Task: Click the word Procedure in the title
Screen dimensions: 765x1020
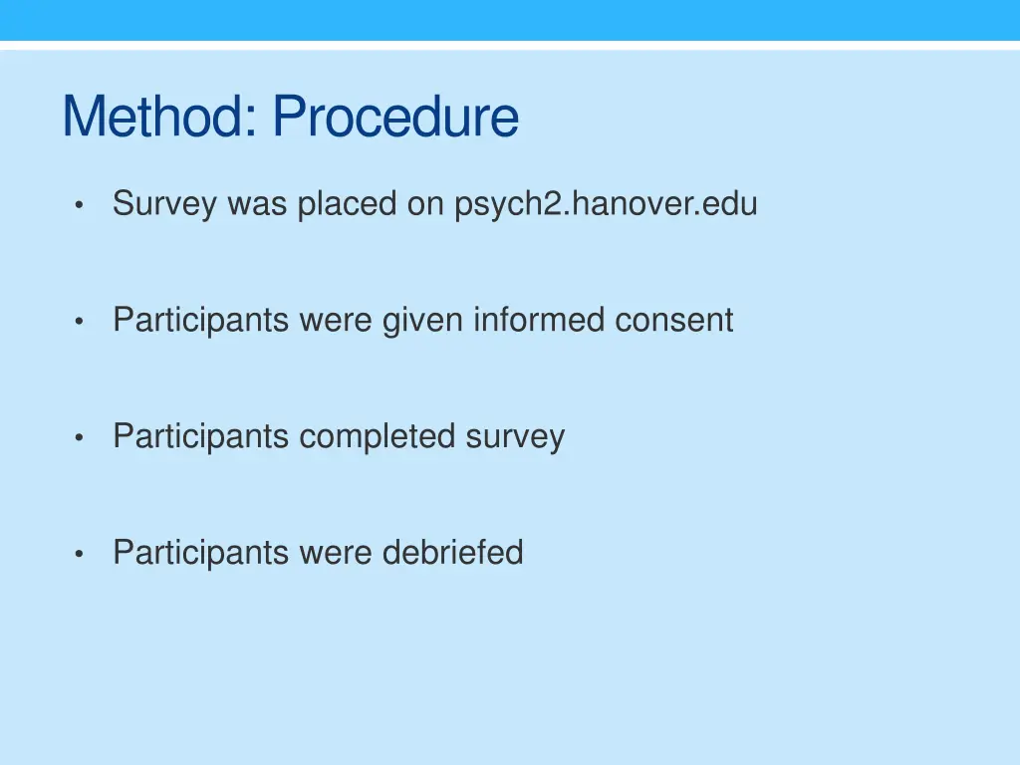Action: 395,118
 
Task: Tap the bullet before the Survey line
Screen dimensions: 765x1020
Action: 78,206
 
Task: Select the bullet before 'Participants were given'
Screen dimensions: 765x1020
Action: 78,322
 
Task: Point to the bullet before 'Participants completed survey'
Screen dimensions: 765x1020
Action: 78,438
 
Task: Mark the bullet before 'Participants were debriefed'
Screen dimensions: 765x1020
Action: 78,554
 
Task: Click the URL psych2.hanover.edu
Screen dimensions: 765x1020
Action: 606,204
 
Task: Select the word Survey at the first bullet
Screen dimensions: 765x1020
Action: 165,204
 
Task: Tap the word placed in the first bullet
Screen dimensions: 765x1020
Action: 348,204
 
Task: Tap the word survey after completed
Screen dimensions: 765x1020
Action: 515,436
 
